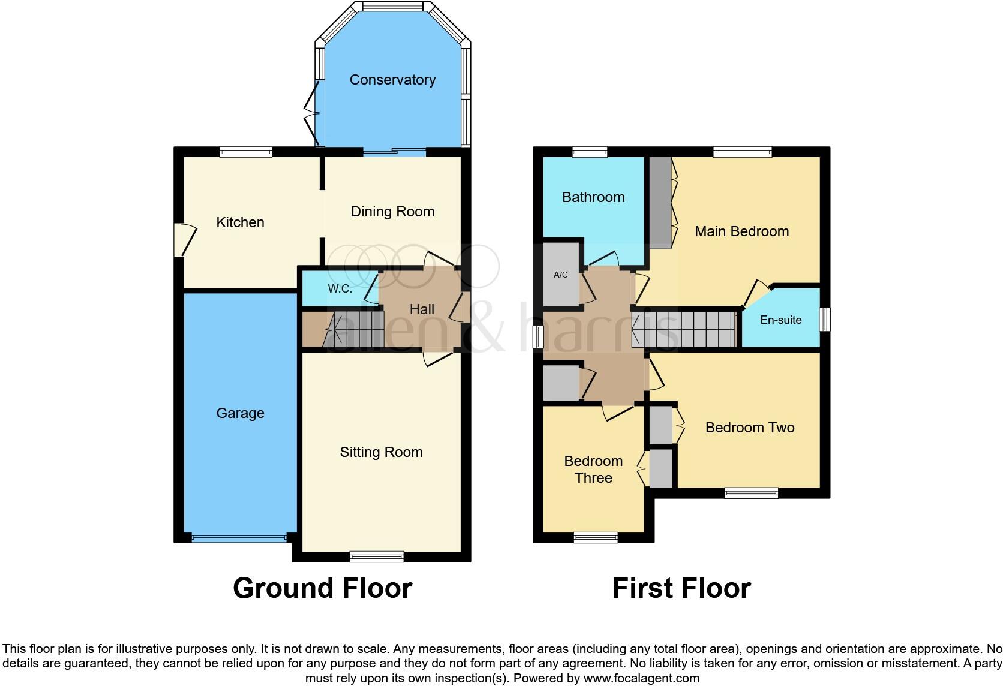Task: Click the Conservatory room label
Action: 392,80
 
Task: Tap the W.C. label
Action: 340,288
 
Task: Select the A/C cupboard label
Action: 560,275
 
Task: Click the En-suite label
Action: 780,320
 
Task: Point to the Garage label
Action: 240,413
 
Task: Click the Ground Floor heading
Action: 322,588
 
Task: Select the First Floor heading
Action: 681,588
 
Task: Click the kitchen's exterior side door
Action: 185,240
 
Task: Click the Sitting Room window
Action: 377,556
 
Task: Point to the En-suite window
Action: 825,319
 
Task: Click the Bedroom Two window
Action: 751,493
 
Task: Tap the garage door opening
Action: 239,538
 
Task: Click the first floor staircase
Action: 684,329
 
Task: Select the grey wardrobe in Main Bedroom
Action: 660,203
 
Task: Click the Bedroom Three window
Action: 596,537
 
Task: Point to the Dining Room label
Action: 392,212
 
